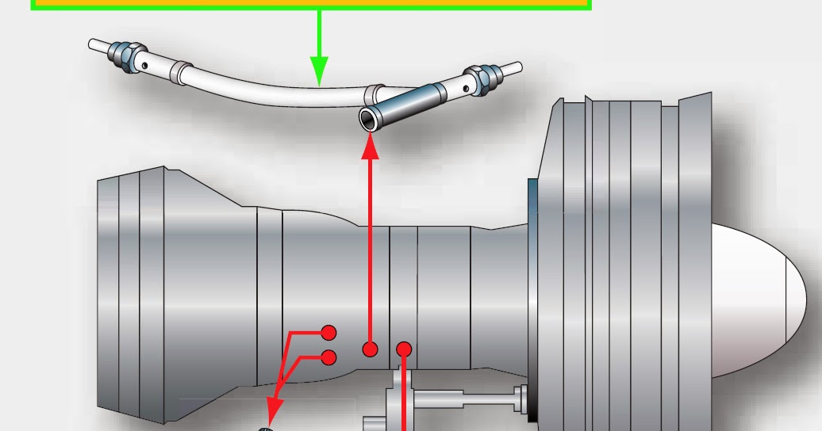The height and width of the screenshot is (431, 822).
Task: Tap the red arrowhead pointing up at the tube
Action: pyautogui.click(x=370, y=147)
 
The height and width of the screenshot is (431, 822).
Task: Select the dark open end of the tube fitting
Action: pyautogui.click(x=369, y=120)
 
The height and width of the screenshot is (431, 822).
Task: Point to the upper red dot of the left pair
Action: pyautogui.click(x=328, y=333)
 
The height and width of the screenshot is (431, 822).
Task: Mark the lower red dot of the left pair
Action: pyautogui.click(x=328, y=358)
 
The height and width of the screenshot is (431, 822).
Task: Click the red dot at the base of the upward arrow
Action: pyautogui.click(x=370, y=349)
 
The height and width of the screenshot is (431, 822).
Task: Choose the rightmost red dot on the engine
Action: pyautogui.click(x=404, y=349)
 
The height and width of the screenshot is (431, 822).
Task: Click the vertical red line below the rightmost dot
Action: pyautogui.click(x=405, y=396)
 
